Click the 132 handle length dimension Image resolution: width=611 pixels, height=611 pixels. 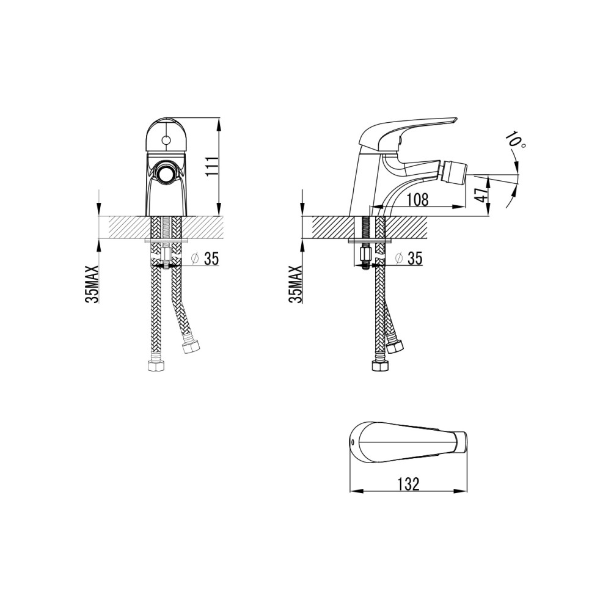click(x=409, y=484)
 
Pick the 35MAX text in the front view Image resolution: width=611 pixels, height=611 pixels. click(x=93, y=284)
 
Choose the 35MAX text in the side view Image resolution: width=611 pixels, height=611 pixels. click(x=296, y=284)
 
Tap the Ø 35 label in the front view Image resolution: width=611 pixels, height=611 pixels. click(x=205, y=258)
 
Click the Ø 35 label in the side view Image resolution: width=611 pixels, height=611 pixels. click(x=409, y=258)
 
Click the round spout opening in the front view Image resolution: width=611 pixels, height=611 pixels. click(x=166, y=173)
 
